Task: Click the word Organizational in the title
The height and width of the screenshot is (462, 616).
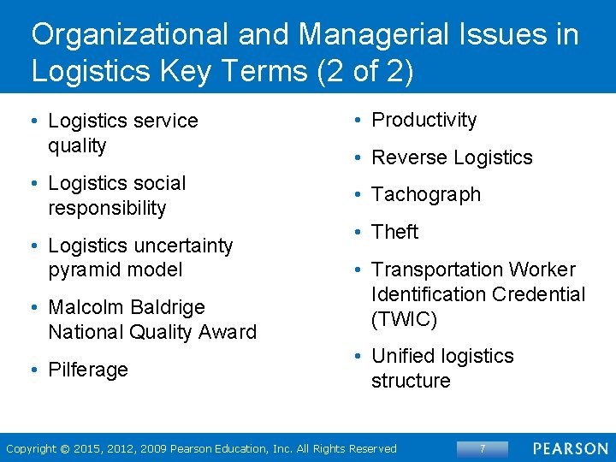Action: point(130,35)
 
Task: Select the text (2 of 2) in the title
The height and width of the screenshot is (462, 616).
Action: point(364,72)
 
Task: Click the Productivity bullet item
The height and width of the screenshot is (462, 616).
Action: point(423,121)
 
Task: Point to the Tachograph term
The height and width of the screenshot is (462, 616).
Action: point(425,195)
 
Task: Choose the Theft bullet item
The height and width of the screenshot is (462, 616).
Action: point(394,232)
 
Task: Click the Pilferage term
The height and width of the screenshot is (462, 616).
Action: point(88,370)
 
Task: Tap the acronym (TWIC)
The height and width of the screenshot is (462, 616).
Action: point(404,320)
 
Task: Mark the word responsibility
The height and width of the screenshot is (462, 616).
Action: point(107,208)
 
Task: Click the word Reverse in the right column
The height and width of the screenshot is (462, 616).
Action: point(405,157)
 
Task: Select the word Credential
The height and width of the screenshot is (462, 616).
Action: point(537,295)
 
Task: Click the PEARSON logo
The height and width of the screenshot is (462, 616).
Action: point(570,448)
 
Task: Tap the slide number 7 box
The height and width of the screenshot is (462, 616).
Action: point(483,448)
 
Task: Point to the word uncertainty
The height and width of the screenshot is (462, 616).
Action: point(184,246)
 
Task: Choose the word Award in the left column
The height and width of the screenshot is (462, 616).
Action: point(228,332)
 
